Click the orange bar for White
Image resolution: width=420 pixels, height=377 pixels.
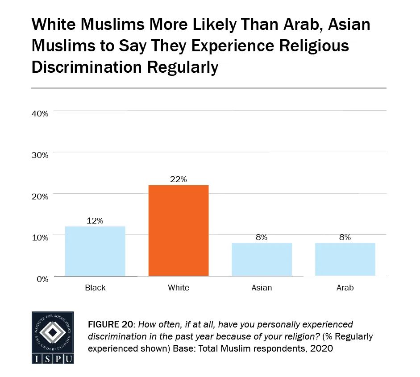tap(178, 231)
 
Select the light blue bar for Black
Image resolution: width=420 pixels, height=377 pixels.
tap(95, 251)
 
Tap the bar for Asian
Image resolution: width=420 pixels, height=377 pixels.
tap(262, 259)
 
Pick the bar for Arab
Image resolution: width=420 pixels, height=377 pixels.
tap(345, 259)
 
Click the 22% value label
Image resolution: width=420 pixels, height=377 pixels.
tap(178, 179)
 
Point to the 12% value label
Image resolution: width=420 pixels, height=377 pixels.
tap(95, 220)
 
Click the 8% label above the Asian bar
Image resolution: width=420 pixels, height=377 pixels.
tap(262, 237)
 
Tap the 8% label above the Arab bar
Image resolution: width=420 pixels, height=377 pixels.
tap(345, 237)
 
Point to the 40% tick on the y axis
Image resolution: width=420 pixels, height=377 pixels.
tap(40, 113)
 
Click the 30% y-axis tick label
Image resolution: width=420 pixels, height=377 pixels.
tap(40, 155)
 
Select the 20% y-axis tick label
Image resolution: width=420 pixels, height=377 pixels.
tap(40, 196)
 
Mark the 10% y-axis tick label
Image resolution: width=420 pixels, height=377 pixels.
tap(40, 237)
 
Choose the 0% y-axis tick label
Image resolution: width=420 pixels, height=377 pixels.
tap(42, 279)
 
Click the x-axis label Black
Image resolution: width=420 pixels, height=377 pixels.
tap(95, 288)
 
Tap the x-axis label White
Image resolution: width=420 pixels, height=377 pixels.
tap(178, 288)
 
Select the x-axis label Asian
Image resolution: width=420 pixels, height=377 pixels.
tap(262, 288)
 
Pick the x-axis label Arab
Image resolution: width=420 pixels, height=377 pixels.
tap(345, 288)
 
